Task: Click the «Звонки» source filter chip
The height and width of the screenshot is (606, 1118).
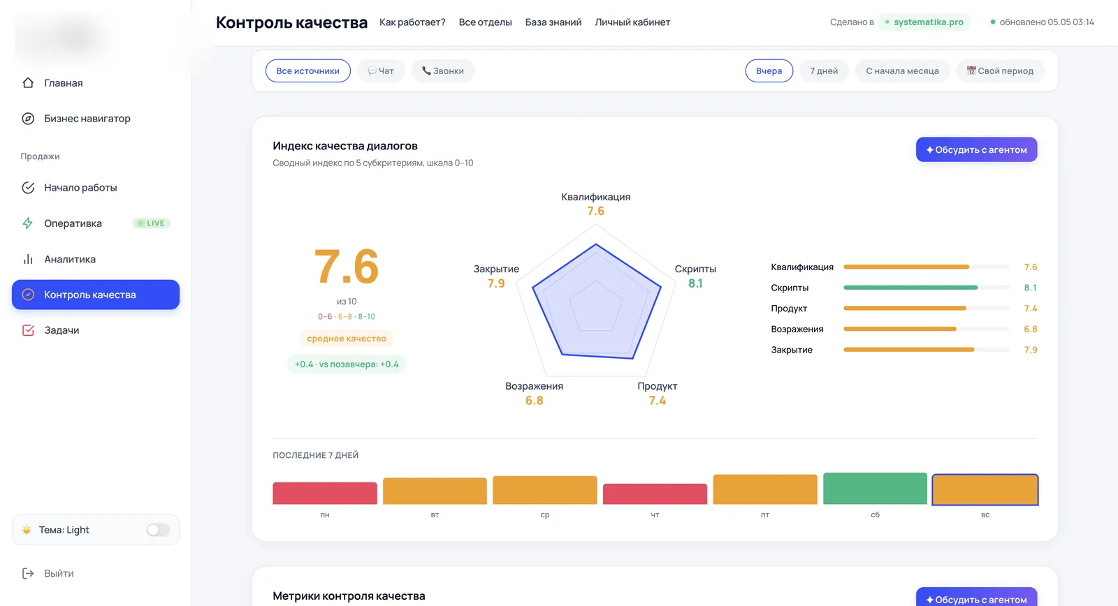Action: click(443, 71)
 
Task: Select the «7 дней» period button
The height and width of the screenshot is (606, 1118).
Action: click(824, 71)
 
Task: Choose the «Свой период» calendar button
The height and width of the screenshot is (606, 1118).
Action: click(1000, 71)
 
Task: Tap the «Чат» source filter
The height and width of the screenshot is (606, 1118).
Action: click(381, 71)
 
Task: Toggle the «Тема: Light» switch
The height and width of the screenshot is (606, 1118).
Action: click(158, 530)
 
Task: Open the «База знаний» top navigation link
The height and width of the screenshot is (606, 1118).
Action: click(553, 22)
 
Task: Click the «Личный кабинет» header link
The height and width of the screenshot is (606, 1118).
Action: click(632, 22)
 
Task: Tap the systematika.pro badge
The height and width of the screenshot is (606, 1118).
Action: click(924, 22)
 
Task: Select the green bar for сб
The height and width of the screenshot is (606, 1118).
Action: click(875, 488)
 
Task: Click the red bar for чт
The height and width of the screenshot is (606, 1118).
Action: click(655, 494)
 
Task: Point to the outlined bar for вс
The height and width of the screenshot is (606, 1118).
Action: click(985, 490)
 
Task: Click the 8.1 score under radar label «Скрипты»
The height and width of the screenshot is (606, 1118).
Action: click(695, 283)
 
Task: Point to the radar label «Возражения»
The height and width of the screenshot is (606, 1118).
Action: click(534, 386)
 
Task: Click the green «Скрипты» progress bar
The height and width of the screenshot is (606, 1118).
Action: click(910, 287)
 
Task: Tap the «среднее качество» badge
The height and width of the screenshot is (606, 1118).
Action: click(347, 338)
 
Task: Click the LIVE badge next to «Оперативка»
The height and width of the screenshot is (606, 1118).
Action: click(152, 223)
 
